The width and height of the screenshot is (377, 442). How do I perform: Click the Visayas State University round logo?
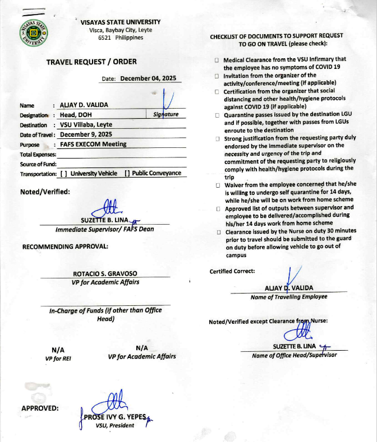point(34,36)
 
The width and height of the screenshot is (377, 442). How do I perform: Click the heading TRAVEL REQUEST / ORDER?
point(91,62)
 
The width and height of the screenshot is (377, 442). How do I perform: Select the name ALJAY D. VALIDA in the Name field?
point(84,105)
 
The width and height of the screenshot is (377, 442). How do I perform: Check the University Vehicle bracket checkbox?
point(63,173)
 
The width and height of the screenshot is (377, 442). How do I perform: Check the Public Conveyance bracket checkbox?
point(127,173)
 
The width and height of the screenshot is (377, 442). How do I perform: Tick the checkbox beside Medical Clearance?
point(217,60)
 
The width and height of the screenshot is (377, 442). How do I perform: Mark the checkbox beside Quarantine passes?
point(217,115)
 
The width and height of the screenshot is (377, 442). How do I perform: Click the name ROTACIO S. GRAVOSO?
point(105,274)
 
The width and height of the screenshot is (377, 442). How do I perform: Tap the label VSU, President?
point(115,425)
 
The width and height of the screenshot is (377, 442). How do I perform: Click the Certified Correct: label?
point(232,271)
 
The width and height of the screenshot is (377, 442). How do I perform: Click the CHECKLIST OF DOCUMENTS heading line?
point(276,36)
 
